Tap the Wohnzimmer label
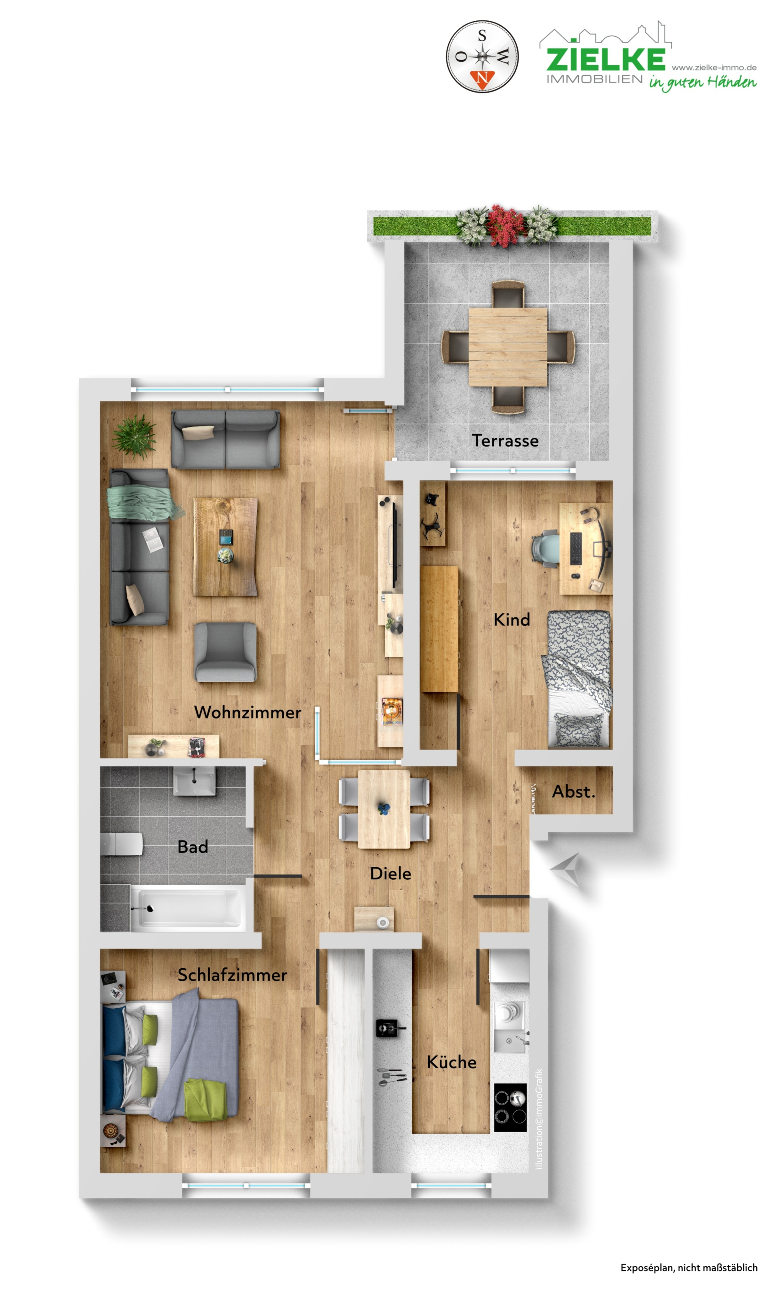pyautogui.click(x=247, y=712)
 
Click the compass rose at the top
pyautogui.click(x=482, y=56)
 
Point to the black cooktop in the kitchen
pyautogui.click(x=510, y=1107)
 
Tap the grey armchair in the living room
pyautogui.click(x=225, y=652)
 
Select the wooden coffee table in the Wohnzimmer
pyautogui.click(x=225, y=546)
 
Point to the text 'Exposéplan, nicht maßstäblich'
pyautogui.click(x=689, y=1267)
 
